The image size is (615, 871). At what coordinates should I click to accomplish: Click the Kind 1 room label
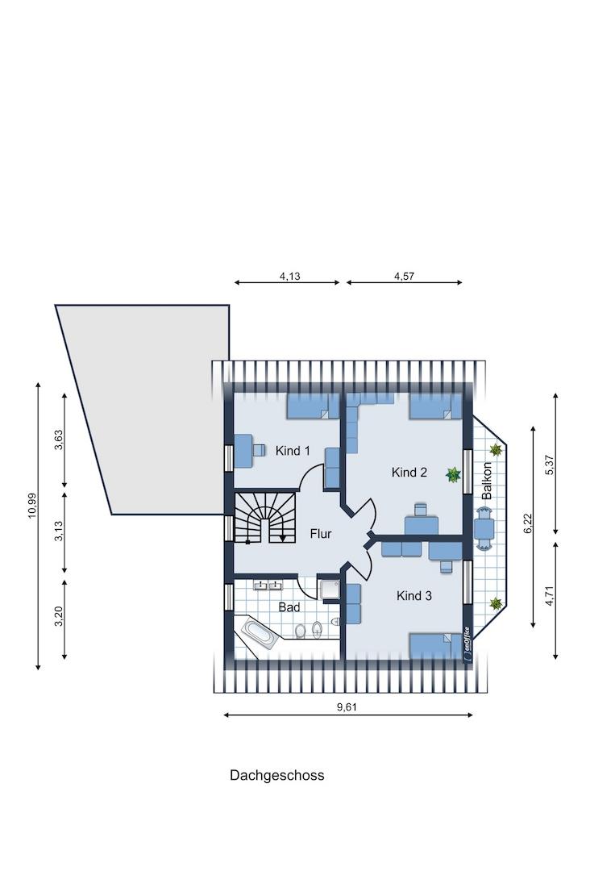point(293,451)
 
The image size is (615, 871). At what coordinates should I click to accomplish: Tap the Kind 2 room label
point(409,472)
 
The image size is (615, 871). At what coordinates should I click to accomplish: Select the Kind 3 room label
point(414,595)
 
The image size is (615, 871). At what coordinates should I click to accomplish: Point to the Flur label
point(321,534)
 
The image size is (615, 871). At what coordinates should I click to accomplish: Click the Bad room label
point(289,607)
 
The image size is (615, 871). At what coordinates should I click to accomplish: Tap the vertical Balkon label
point(487,481)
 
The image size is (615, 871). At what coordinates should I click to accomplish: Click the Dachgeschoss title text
point(277,776)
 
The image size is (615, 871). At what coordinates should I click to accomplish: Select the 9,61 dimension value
point(347,707)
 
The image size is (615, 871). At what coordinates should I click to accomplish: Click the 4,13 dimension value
point(289,276)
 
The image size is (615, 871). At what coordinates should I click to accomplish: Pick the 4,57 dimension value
point(405,276)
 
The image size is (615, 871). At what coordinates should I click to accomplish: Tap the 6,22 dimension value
point(528,523)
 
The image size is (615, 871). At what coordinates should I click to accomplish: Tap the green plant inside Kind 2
point(454,475)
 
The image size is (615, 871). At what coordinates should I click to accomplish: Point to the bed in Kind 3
point(436,646)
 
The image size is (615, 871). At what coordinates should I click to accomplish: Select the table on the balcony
point(484,529)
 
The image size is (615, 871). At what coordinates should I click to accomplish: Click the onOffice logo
point(467,644)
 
